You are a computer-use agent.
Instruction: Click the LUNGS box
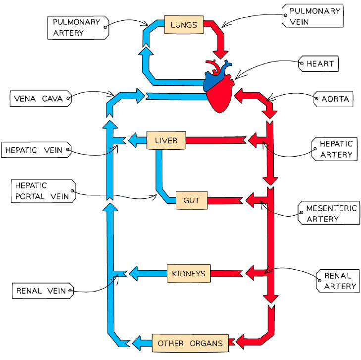(x=184, y=25)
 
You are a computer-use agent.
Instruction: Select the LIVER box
(x=166, y=140)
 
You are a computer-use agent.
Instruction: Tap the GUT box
(x=192, y=200)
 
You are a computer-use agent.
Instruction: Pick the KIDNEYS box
(x=189, y=273)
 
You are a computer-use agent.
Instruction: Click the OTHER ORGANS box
(x=190, y=343)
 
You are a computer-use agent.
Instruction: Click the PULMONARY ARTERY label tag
(x=78, y=28)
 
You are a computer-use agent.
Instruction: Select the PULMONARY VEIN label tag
(x=312, y=16)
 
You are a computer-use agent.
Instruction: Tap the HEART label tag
(x=318, y=63)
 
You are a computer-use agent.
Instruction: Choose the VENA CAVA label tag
(x=41, y=99)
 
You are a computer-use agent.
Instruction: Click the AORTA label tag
(x=333, y=99)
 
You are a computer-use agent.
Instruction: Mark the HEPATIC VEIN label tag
(x=36, y=150)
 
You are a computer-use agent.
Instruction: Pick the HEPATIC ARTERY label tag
(x=334, y=149)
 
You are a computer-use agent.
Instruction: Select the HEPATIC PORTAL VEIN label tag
(x=44, y=191)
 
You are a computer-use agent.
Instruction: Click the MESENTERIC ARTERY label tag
(x=329, y=213)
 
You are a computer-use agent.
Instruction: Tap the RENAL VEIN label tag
(x=43, y=291)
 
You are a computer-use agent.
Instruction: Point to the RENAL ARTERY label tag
(x=338, y=281)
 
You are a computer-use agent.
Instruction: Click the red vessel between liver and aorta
(x=216, y=140)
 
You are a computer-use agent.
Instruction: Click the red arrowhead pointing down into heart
(x=220, y=55)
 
